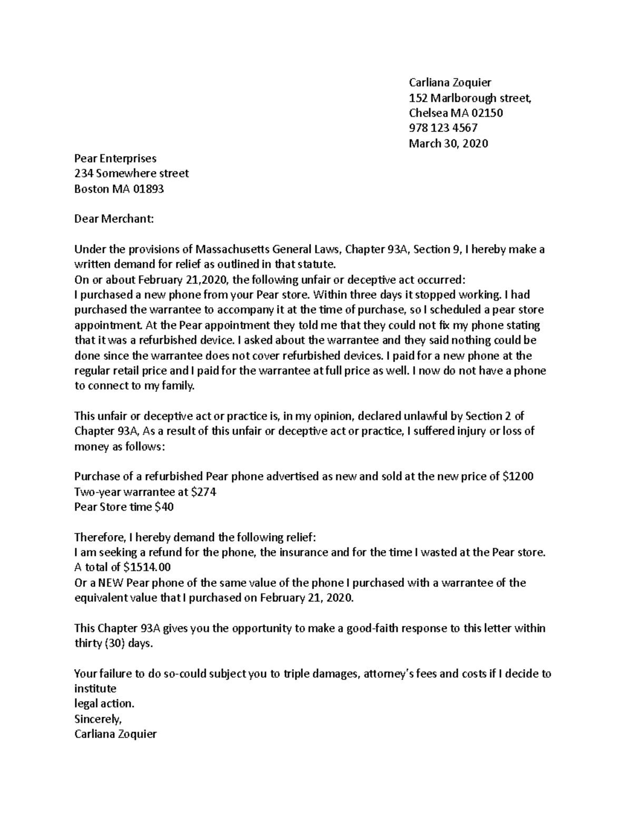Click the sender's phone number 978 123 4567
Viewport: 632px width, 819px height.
[x=443, y=128]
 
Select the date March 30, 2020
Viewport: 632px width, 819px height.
[x=448, y=143]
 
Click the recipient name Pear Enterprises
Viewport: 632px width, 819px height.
[x=115, y=158]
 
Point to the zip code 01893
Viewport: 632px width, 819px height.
[x=147, y=189]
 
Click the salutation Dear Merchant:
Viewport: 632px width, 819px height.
[x=114, y=219]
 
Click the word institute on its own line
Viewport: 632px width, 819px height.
[x=95, y=689]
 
